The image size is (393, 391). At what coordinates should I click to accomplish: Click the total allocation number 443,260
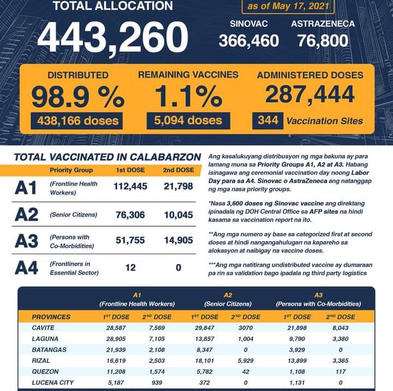point(111,38)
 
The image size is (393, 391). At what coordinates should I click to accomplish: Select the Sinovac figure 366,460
point(248,40)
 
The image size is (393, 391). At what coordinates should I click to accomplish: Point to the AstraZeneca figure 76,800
point(323,40)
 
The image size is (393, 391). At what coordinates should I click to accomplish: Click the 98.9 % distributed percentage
point(77,96)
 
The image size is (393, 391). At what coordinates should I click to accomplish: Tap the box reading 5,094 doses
point(188,120)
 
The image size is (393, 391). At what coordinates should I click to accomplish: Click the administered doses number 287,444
point(309,95)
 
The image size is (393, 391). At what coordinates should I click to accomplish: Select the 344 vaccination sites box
point(267,121)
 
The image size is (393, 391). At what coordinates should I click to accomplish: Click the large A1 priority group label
point(26,188)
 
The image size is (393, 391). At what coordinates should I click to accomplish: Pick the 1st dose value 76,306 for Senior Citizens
point(130,215)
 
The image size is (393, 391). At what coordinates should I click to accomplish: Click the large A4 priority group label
point(26,268)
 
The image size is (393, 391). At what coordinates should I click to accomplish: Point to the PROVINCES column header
point(51,317)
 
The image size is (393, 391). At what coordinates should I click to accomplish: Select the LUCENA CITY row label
point(53,382)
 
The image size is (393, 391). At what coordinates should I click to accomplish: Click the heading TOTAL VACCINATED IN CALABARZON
point(107,157)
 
